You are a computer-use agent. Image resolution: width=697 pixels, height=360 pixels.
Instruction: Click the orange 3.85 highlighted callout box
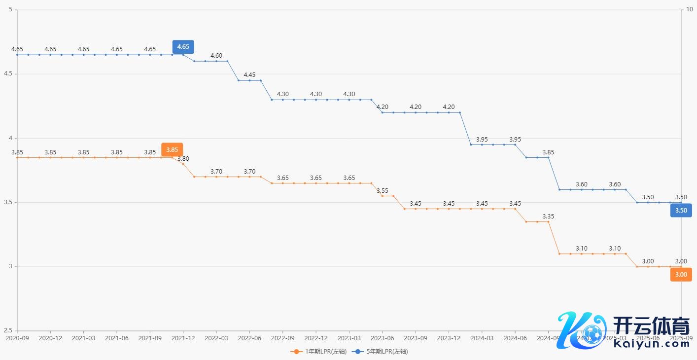click(172, 149)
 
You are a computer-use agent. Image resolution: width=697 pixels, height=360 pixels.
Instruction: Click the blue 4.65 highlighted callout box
click(183, 47)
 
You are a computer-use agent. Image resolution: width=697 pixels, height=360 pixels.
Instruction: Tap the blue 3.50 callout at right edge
click(681, 211)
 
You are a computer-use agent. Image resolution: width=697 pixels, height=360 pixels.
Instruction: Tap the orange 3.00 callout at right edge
click(681, 275)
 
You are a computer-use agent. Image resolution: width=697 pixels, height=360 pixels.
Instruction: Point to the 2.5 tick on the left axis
click(8, 331)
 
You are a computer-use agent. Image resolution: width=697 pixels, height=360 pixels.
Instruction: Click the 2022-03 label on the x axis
click(216, 338)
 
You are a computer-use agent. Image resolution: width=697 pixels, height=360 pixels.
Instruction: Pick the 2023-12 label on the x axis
click(449, 338)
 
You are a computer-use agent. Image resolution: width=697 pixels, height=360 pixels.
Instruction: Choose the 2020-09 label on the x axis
click(17, 338)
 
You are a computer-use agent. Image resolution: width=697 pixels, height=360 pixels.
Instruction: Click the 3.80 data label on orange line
click(183, 159)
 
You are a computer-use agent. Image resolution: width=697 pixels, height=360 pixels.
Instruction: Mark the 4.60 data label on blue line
click(216, 56)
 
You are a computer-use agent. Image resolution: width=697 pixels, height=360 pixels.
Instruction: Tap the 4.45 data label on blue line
click(249, 75)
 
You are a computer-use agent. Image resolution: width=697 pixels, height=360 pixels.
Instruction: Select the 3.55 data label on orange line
click(383, 190)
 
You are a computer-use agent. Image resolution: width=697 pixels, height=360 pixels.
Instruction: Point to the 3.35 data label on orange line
click(548, 216)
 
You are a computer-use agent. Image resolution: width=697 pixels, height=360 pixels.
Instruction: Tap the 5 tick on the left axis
click(11, 10)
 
